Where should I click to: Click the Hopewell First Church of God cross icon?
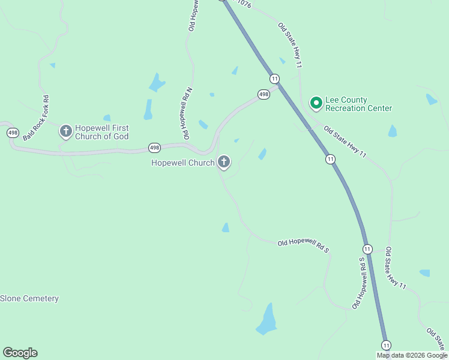(66, 130)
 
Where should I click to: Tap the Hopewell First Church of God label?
(101, 132)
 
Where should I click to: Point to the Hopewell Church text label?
(182, 162)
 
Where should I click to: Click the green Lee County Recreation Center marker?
(316, 103)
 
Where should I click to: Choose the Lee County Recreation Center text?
(358, 104)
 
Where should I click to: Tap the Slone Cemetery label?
(29, 298)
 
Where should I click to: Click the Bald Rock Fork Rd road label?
(35, 118)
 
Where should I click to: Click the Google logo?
(20, 353)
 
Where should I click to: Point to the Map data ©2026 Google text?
(412, 355)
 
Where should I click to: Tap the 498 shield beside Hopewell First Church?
(11, 132)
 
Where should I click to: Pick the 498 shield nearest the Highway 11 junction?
(264, 94)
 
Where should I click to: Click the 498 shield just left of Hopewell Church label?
(154, 148)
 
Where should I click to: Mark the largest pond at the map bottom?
(267, 320)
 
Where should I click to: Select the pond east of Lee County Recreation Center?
(393, 131)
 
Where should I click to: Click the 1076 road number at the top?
(243, 3)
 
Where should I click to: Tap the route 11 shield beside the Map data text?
(386, 344)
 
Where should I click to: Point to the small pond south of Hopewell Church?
(226, 227)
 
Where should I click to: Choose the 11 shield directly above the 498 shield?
(274, 79)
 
